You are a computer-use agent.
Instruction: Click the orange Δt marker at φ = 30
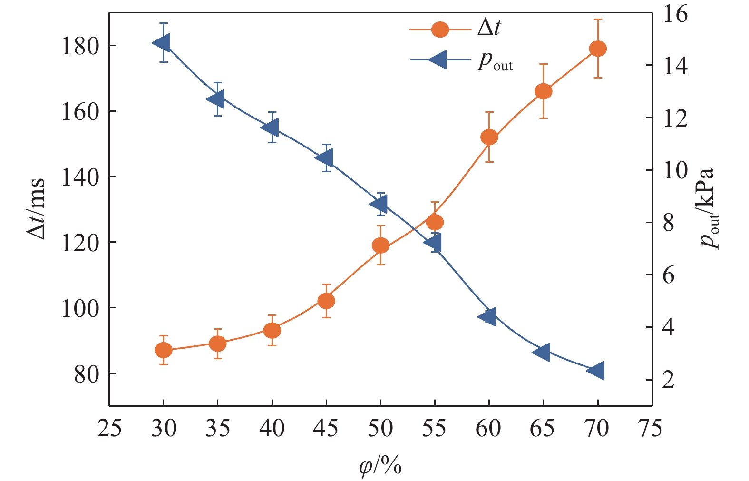pos(163,351)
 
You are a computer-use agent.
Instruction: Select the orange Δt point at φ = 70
pos(598,49)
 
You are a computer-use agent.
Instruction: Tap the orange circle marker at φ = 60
pos(489,137)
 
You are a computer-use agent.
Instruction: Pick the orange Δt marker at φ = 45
pos(326,301)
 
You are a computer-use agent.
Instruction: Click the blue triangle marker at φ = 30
pos(162,43)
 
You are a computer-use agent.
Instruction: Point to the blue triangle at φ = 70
pos(596,370)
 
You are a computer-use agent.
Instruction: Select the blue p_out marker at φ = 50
pos(379,204)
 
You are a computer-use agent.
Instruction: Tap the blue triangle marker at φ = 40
pos(271,128)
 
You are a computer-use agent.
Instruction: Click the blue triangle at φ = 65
pos(542,352)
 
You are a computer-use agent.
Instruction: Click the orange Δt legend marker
pos(440,30)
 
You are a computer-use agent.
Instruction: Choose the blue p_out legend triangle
pos(438,59)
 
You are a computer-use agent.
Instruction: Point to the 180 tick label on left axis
pos(80,46)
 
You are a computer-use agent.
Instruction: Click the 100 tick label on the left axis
pos(80,308)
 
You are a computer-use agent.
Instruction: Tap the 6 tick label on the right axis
pos(669,275)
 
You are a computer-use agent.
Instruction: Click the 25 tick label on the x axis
pos(109,429)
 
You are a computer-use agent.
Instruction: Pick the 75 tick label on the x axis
pos(651,429)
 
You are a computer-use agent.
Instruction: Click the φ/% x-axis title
pos(380,466)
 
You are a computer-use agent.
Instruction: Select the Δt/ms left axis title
pos(36,208)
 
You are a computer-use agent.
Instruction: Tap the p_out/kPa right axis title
pos(709,208)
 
